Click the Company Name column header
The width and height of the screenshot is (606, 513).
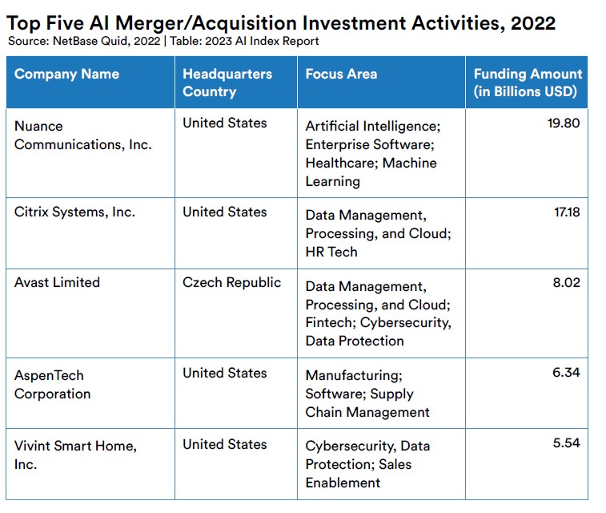(x=66, y=74)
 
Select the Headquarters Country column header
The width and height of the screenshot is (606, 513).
(x=227, y=83)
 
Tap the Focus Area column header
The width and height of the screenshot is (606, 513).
(x=341, y=74)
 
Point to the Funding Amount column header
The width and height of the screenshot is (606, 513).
(x=528, y=83)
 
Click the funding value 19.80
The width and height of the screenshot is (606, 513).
(x=564, y=123)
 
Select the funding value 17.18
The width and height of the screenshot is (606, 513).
(x=567, y=212)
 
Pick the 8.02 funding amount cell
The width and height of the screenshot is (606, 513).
(x=566, y=282)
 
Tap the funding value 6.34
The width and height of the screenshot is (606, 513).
(x=566, y=372)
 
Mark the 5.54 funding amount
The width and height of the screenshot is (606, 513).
(x=566, y=442)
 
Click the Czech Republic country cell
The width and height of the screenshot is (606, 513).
(x=231, y=282)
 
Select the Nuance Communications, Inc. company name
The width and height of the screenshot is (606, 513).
(x=83, y=135)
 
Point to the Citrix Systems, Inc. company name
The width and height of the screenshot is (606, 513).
(x=74, y=212)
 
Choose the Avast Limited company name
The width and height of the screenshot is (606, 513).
(x=57, y=282)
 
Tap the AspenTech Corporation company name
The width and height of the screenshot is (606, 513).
(x=53, y=385)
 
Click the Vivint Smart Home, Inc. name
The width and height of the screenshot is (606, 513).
(x=75, y=455)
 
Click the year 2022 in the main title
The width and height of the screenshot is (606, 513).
(x=533, y=23)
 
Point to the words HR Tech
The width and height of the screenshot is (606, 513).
(x=331, y=252)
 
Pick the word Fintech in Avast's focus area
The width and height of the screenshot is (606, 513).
(x=331, y=323)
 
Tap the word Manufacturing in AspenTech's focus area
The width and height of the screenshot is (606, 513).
(x=354, y=376)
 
